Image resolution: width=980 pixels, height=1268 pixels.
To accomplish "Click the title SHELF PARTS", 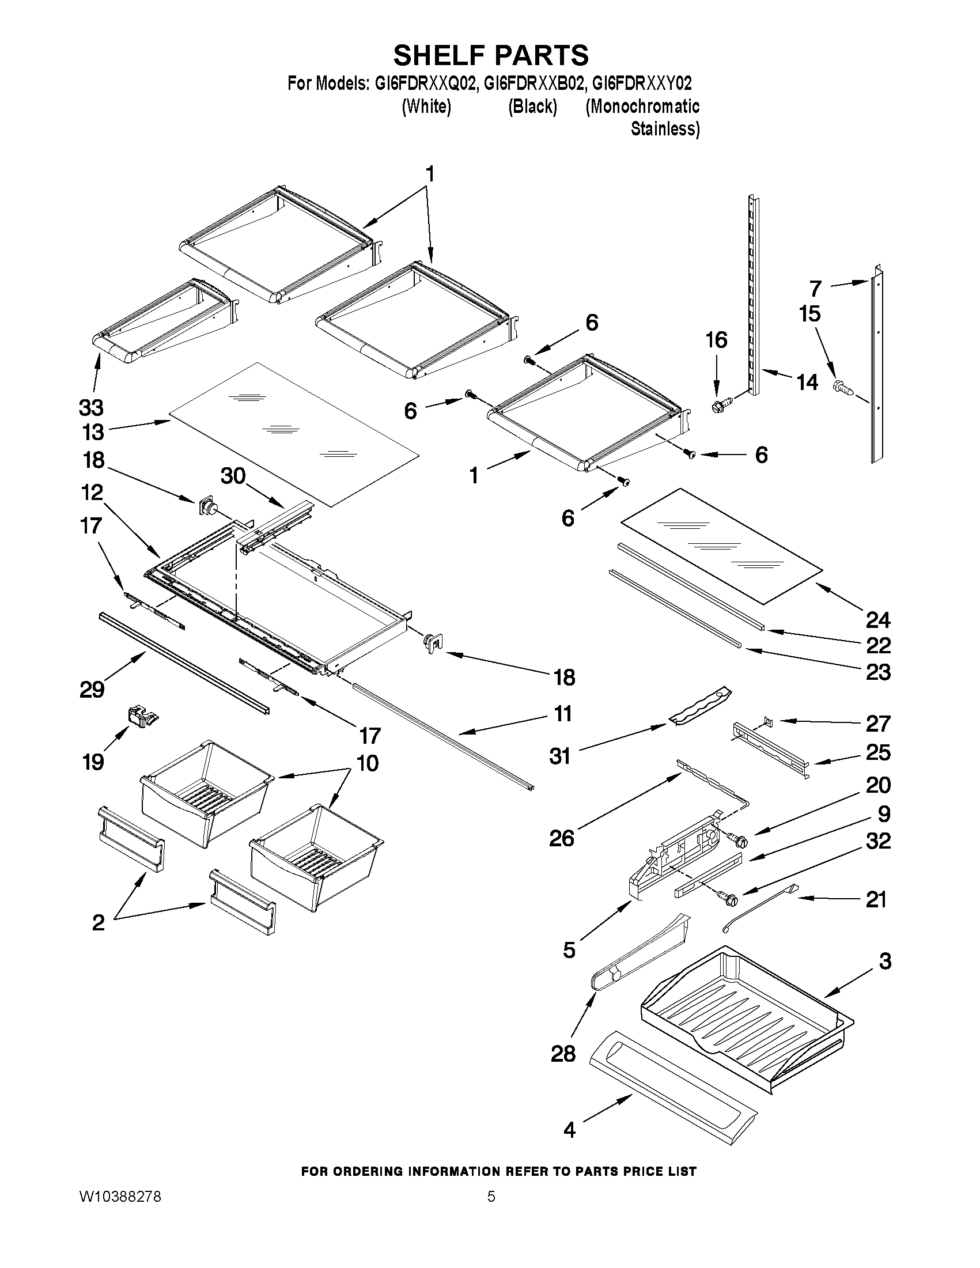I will [x=491, y=56].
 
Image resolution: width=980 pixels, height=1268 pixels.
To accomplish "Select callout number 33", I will [x=91, y=408].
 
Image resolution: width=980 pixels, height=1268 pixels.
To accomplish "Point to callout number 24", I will [x=878, y=620].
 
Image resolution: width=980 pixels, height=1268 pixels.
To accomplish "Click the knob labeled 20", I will [x=739, y=838].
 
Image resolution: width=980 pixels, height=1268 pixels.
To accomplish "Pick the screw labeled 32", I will [x=728, y=899].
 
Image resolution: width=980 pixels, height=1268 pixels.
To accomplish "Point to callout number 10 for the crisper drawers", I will [x=368, y=763].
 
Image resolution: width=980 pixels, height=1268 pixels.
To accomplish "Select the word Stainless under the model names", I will [x=665, y=129].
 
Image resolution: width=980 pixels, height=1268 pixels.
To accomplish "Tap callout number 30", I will [x=233, y=476].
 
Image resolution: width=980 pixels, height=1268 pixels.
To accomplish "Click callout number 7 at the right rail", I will [x=815, y=288].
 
